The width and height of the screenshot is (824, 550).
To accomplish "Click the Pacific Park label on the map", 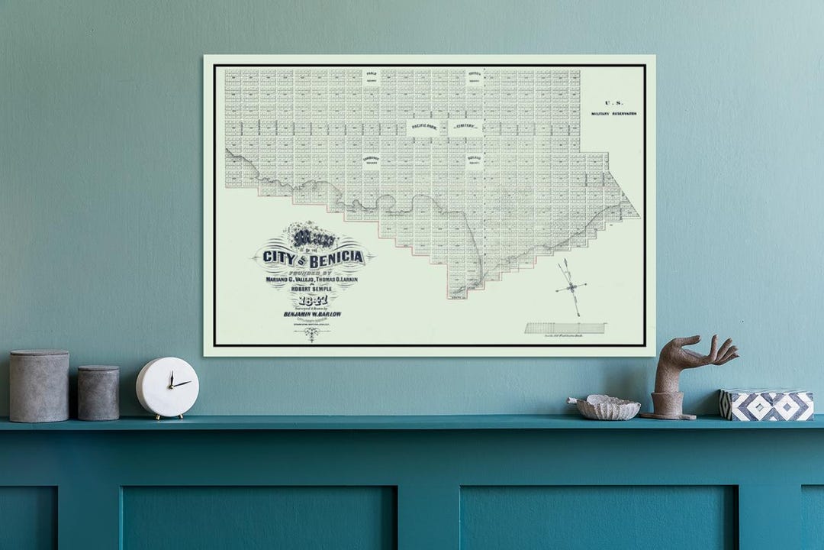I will (426, 126).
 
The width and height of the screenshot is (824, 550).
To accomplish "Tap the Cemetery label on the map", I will (465, 126).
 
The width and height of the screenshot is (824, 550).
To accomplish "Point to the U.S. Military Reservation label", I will (613, 108).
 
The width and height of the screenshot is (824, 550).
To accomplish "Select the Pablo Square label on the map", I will (372, 76).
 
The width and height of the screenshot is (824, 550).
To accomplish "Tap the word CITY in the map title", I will (278, 257).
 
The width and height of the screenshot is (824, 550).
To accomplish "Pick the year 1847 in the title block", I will (313, 299).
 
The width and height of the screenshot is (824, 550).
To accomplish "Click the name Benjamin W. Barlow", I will (314, 312).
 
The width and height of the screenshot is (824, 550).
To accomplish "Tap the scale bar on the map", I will (565, 328).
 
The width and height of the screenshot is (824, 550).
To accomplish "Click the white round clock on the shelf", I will (168, 387).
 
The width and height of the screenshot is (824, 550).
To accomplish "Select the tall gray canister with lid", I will (39, 386).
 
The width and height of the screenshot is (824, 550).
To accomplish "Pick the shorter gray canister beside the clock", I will (98, 392).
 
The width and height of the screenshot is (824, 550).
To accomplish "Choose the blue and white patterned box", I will (766, 404).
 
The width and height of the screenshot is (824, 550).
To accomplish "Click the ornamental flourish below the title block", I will (311, 333).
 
